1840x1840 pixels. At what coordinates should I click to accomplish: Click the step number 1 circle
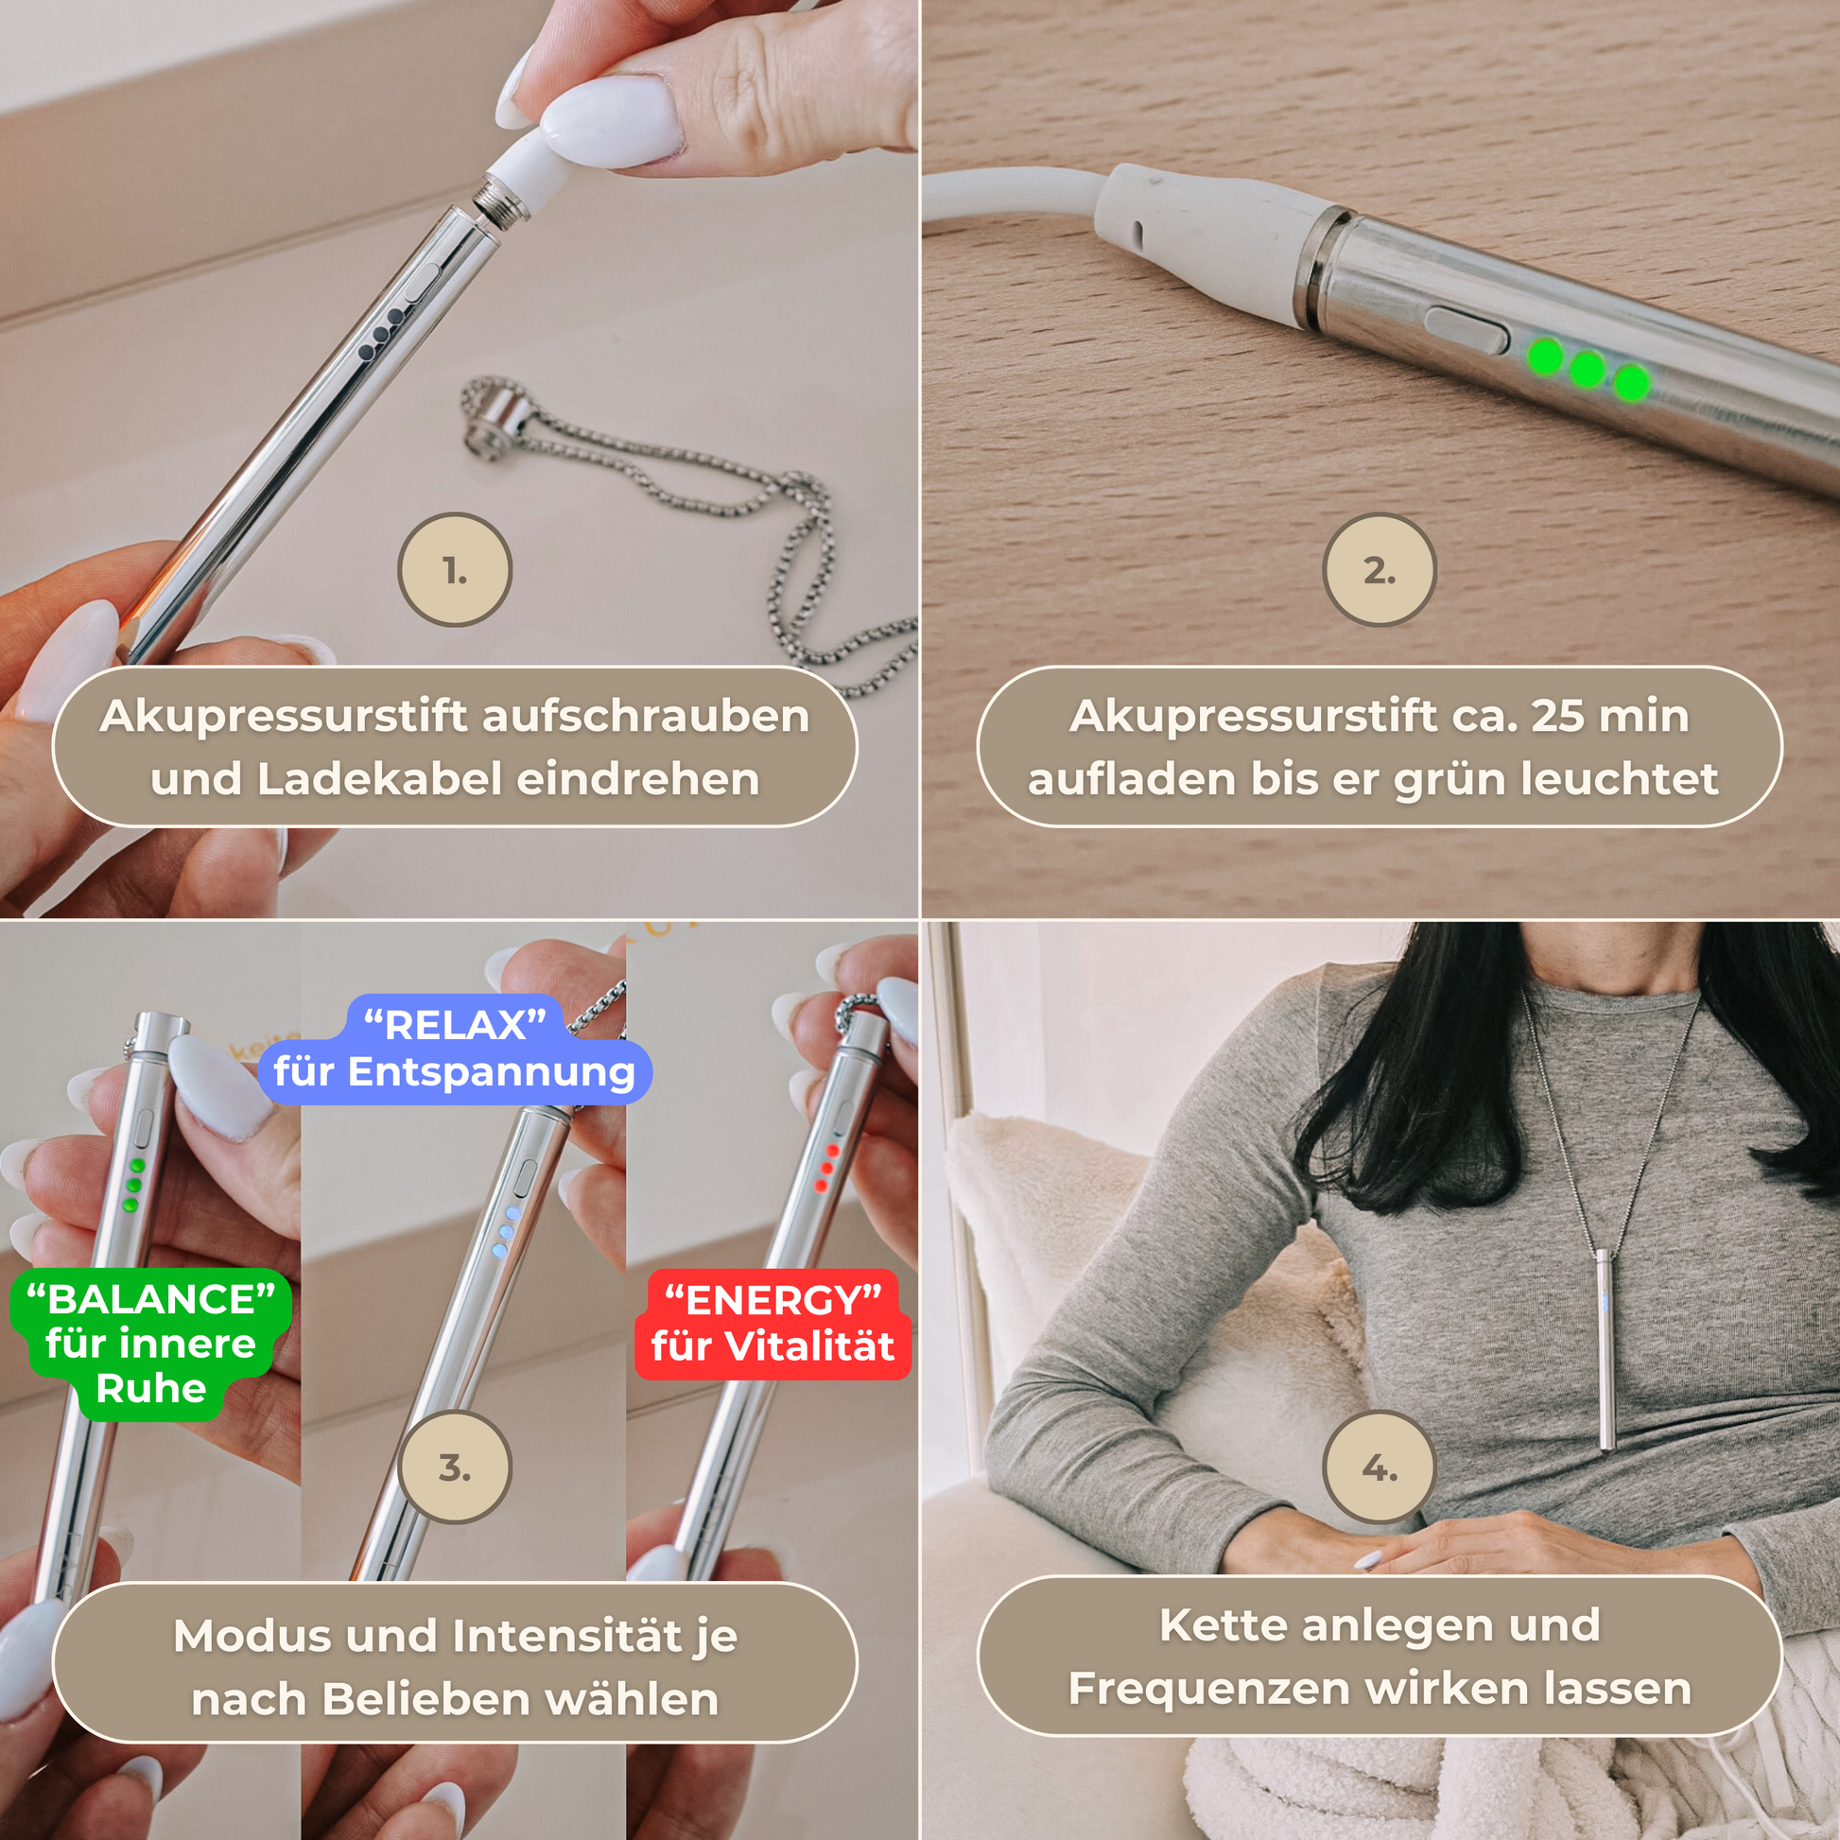pyautogui.click(x=454, y=569)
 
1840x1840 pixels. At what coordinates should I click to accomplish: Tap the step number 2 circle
pyautogui.click(x=1379, y=569)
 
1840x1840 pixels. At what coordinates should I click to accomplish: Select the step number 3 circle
pyautogui.click(x=454, y=1467)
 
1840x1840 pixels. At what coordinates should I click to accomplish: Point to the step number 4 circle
pyautogui.click(x=1379, y=1467)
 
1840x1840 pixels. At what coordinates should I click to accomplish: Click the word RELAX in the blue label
pyautogui.click(x=455, y=1025)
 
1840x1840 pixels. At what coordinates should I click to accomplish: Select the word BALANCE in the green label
pyautogui.click(x=151, y=1298)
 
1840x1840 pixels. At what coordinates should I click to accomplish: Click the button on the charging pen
pyautogui.click(x=1466, y=329)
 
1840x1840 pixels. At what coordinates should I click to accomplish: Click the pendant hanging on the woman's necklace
pyautogui.click(x=1605, y=1348)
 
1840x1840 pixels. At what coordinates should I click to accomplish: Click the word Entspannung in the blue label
pyautogui.click(x=491, y=1072)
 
